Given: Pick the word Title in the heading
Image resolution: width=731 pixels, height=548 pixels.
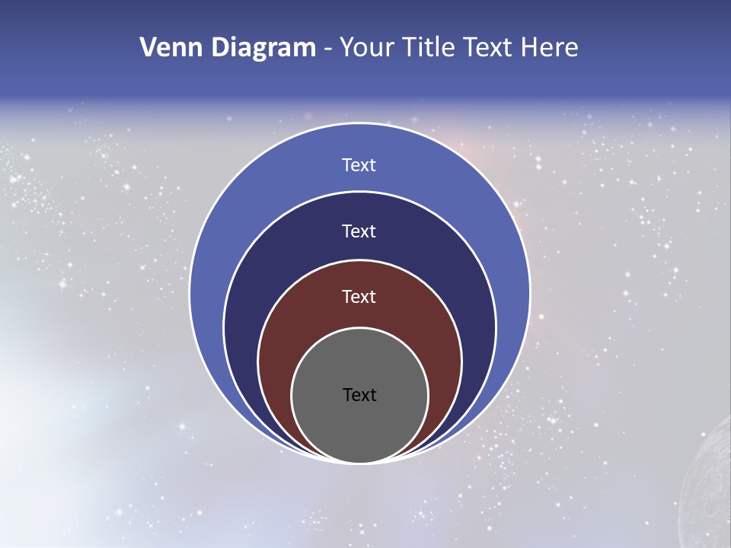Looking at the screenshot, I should click(x=428, y=48).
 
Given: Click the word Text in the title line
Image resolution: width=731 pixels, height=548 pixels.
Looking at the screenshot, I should click(x=490, y=48).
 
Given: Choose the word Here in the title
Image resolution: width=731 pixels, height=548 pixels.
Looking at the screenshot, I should click(x=550, y=48).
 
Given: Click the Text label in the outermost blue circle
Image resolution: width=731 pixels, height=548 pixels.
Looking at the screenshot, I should click(x=359, y=165).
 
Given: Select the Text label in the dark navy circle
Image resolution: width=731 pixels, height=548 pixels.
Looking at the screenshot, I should click(x=359, y=231).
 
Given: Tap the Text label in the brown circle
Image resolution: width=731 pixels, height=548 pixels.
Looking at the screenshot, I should click(x=359, y=297).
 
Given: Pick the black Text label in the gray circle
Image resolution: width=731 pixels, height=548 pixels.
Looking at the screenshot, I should click(x=359, y=395).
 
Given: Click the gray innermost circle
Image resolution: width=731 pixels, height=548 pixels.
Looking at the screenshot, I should click(x=359, y=426).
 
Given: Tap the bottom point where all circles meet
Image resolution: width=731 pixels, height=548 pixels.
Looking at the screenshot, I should click(x=359, y=462).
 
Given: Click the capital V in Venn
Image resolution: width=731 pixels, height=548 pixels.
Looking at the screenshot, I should click(x=148, y=48).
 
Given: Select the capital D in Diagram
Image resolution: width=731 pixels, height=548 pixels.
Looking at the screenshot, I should click(x=220, y=48).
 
